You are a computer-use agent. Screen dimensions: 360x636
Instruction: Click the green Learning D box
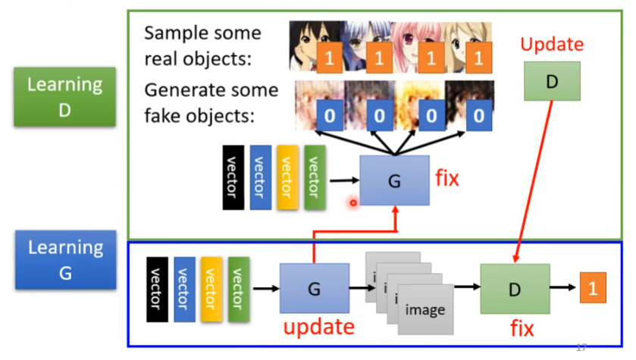[x=64, y=96]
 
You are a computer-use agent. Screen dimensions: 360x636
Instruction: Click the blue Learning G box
[x=64, y=260]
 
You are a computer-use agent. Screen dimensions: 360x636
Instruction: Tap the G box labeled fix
[x=394, y=181]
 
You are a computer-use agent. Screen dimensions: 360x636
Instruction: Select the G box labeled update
[x=314, y=288]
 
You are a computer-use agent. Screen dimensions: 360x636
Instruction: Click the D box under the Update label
[x=551, y=81]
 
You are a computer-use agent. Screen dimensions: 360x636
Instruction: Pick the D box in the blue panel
[x=515, y=289]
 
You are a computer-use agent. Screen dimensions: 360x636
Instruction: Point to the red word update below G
[x=318, y=327]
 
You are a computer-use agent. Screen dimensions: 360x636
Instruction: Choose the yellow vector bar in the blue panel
[x=211, y=289]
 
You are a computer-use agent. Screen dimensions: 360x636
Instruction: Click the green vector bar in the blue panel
[x=239, y=289]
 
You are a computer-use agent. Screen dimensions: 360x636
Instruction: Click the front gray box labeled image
[x=425, y=309]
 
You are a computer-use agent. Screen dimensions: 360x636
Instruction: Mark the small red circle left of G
[x=353, y=202]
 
